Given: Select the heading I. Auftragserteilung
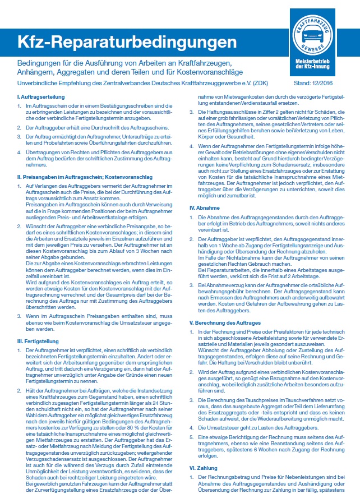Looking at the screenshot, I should click(39, 98).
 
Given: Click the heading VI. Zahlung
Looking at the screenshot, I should click(205, 467).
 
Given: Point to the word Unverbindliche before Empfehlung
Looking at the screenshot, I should click(38, 85).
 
